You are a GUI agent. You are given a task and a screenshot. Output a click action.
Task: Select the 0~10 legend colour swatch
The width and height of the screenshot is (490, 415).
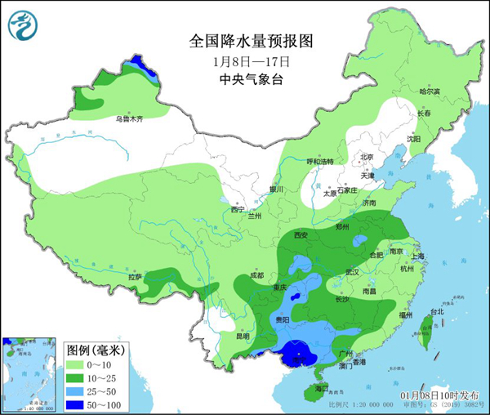[75, 362]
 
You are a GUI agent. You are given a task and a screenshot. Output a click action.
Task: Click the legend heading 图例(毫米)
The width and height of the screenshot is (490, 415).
[93, 349]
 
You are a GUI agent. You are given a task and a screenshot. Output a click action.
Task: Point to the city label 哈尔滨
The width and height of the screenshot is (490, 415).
[429, 91]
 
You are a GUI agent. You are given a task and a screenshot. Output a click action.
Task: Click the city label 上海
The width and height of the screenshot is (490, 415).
[418, 256]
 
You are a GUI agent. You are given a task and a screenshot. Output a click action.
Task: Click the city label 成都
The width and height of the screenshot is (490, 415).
[257, 274]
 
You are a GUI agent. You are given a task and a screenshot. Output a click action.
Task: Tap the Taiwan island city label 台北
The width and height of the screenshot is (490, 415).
[437, 311]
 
